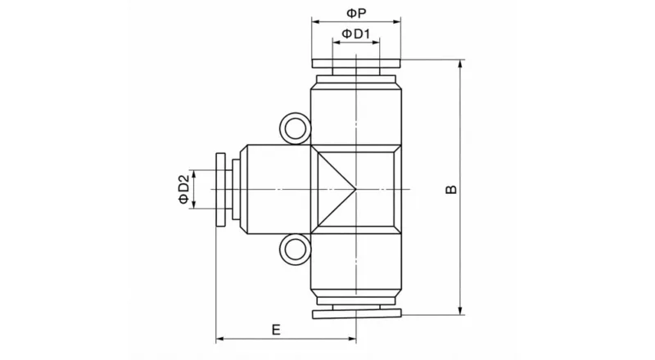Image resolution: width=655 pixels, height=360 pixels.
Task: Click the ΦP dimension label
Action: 356,13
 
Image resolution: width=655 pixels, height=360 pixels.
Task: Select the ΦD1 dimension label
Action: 357,34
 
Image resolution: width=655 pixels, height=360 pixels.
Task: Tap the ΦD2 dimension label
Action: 184,189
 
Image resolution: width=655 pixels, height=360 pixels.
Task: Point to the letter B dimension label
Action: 450,189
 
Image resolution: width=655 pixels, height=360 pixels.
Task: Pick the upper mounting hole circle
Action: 295,128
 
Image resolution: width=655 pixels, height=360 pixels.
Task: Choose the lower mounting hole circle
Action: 295,250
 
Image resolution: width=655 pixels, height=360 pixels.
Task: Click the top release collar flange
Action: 356,64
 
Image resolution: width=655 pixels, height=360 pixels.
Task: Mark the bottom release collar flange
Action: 356,314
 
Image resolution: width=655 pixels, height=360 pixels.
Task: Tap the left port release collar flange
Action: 221,190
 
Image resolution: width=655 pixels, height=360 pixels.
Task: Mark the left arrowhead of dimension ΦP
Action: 315,23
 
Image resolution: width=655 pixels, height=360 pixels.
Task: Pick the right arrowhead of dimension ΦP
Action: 397,23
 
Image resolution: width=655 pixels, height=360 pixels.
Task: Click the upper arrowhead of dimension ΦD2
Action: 194,173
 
